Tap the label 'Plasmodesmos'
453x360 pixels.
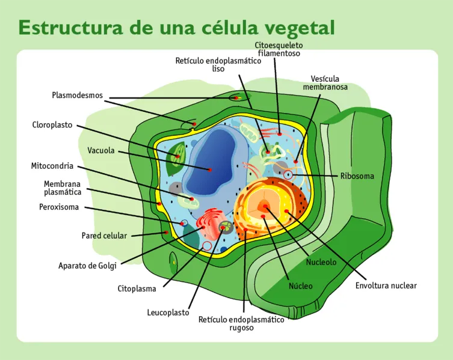77,95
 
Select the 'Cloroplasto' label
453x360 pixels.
52,125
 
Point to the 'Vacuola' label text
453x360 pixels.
100,150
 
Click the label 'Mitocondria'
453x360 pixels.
52,165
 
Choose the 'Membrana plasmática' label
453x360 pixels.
63,188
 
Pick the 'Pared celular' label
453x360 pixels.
104,236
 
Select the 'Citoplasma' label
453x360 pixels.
137,288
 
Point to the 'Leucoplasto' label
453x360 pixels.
168,313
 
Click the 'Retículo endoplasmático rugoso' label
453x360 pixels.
241,323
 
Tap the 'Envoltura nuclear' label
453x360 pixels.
386,285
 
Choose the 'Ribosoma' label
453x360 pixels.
357,176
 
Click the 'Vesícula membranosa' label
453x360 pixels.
325,83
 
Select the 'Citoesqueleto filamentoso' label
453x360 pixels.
279,49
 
